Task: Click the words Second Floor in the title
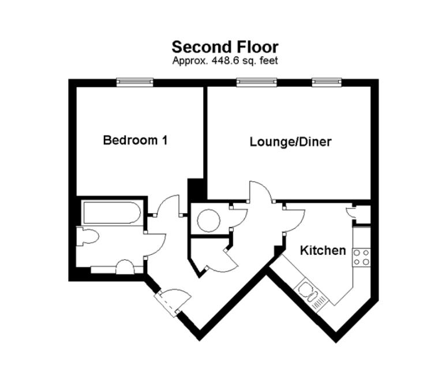[224, 47]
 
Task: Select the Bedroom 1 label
[135, 140]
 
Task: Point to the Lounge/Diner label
[290, 142]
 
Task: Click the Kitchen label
[323, 250]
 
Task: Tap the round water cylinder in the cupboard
[208, 220]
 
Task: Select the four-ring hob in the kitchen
[361, 257]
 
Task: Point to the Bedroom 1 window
[134, 83]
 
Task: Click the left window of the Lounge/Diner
[254, 83]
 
